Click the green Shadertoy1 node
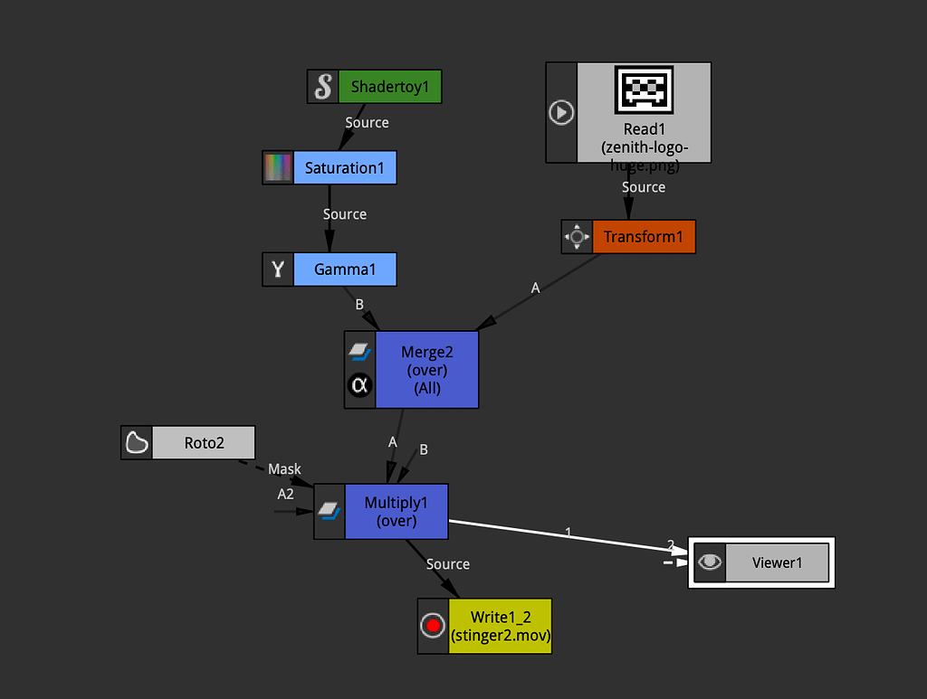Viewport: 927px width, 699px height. tap(389, 88)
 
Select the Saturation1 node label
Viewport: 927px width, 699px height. tap(344, 168)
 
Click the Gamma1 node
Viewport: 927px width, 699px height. tap(344, 269)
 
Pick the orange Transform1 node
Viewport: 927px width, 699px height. tap(643, 237)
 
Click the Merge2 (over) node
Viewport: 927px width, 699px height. tap(425, 369)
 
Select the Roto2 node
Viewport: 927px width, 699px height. tap(204, 443)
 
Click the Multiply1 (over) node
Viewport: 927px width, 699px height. tap(397, 512)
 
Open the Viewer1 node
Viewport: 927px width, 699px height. tap(777, 562)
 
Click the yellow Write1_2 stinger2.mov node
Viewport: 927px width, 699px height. tap(500, 626)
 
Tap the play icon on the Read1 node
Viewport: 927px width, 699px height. tap(561, 113)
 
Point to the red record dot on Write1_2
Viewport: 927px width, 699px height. tap(433, 626)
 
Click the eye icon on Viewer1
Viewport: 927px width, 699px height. tap(711, 562)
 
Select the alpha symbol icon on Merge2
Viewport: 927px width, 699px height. tap(359, 386)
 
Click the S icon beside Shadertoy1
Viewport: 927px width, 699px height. tap(323, 88)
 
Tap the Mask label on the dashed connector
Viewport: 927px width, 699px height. tap(284, 469)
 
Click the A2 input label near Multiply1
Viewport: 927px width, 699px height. tap(286, 495)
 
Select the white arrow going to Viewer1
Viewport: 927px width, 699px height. tap(570, 537)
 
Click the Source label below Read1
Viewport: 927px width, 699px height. tap(644, 187)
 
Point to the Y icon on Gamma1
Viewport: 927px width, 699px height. tap(278, 269)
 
